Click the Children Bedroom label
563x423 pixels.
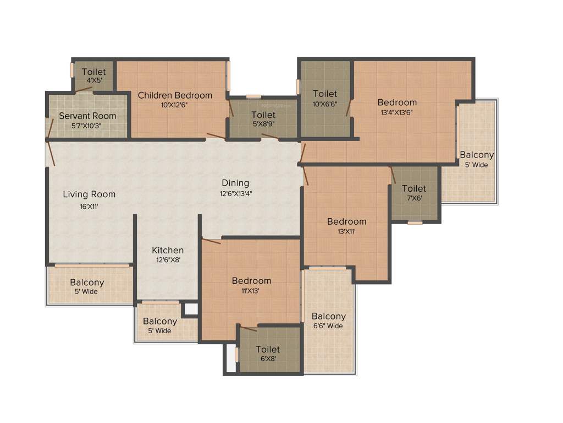pyautogui.click(x=175, y=95)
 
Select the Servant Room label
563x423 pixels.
pyautogui.click(x=87, y=116)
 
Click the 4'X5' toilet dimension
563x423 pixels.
pyautogui.click(x=93, y=80)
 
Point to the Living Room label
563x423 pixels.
pyautogui.click(x=89, y=194)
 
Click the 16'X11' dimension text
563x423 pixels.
pyautogui.click(x=89, y=207)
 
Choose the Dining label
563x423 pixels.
pyautogui.click(x=235, y=183)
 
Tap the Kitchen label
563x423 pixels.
pyautogui.click(x=168, y=251)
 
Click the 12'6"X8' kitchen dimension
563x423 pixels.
pyautogui.click(x=167, y=260)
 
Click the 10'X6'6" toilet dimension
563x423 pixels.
pyautogui.click(x=325, y=103)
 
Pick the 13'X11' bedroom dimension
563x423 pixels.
pyautogui.click(x=346, y=231)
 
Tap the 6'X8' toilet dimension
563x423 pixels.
pyautogui.click(x=268, y=359)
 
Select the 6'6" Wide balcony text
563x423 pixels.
pyautogui.click(x=328, y=326)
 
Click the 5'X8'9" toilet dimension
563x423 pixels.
pyautogui.click(x=263, y=124)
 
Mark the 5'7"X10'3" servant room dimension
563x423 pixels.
pyautogui.click(x=87, y=125)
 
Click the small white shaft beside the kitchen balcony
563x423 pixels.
pyautogui.click(x=191, y=309)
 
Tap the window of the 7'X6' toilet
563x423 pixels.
pyautogui.click(x=415, y=223)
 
